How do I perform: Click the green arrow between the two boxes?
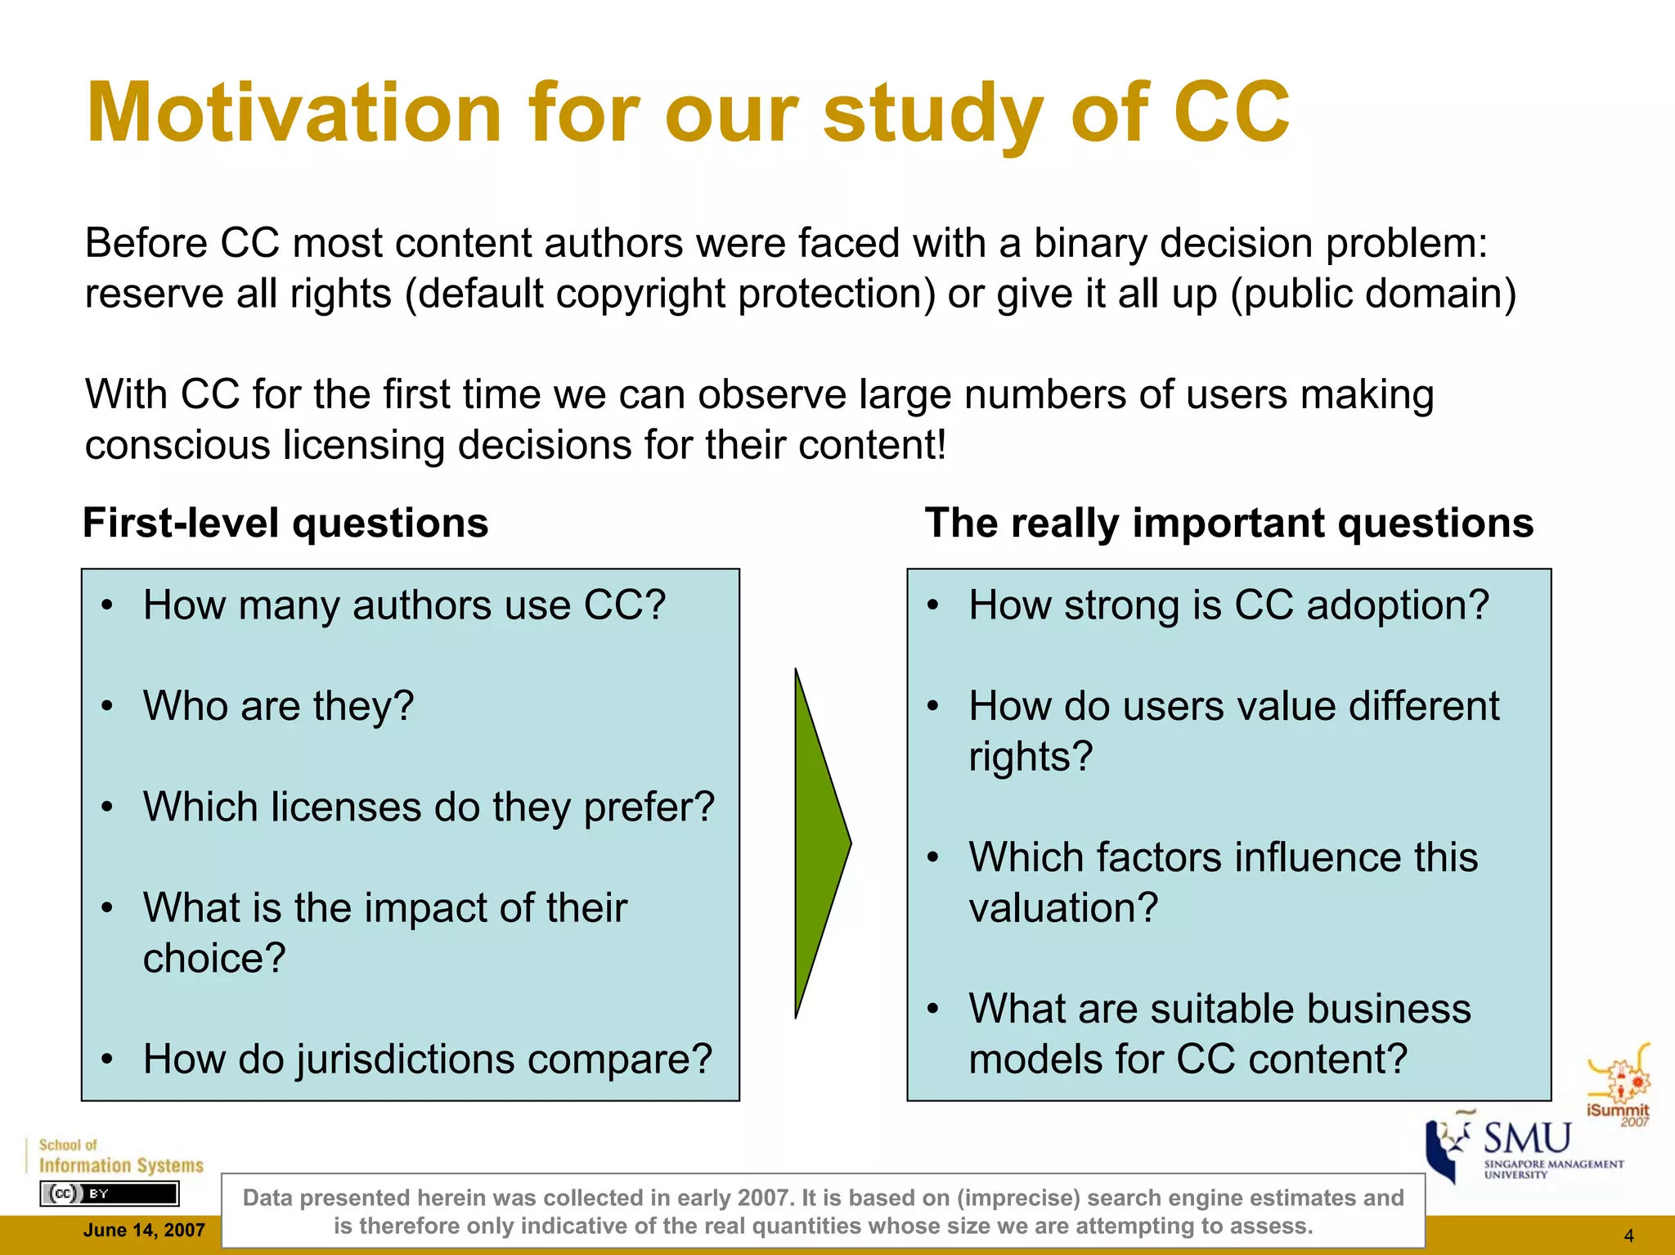(820, 843)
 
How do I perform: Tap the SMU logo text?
(1527, 1139)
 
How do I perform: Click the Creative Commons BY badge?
(109, 1194)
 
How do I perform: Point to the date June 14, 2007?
(144, 1230)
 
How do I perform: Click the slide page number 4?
(1628, 1235)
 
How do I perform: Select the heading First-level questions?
(285, 523)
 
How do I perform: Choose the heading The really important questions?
(1228, 523)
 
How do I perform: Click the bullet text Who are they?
(278, 705)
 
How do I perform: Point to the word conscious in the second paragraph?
(177, 445)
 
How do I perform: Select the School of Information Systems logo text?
(121, 1157)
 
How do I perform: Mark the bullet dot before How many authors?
(107, 606)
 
